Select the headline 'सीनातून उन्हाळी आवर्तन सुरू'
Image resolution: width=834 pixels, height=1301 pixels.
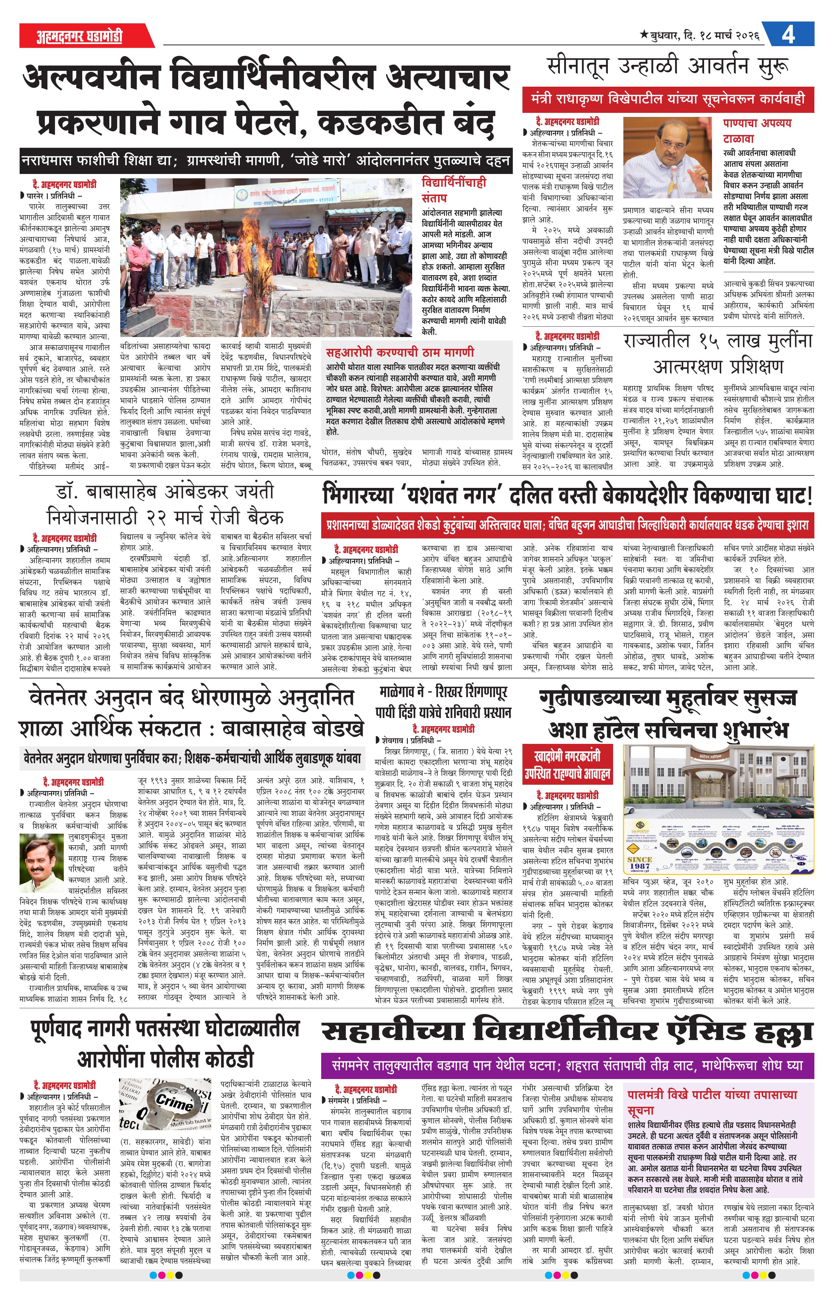667,67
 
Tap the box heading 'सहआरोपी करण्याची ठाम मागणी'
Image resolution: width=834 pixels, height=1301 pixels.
400,352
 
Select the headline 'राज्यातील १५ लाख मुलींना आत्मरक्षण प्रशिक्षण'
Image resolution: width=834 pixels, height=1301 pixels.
717,354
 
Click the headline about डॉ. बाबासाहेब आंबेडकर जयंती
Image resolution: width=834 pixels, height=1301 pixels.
165,504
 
